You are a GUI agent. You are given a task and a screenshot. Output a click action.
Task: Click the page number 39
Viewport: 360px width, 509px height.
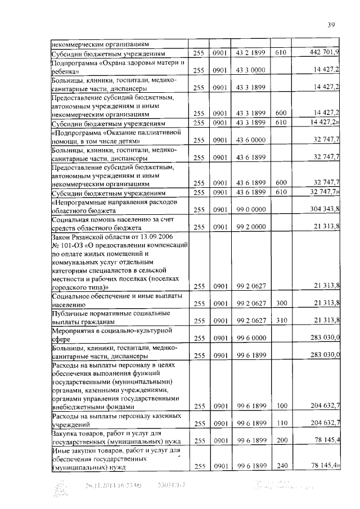coord(331,24)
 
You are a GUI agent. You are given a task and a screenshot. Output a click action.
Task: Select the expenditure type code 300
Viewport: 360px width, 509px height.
coord(281,303)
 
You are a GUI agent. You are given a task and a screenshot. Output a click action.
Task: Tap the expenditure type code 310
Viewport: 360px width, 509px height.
coord(281,321)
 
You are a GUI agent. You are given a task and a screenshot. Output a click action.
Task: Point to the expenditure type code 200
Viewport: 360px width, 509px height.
coord(281,440)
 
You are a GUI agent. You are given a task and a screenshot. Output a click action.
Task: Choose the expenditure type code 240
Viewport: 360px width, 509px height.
coord(281,466)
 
